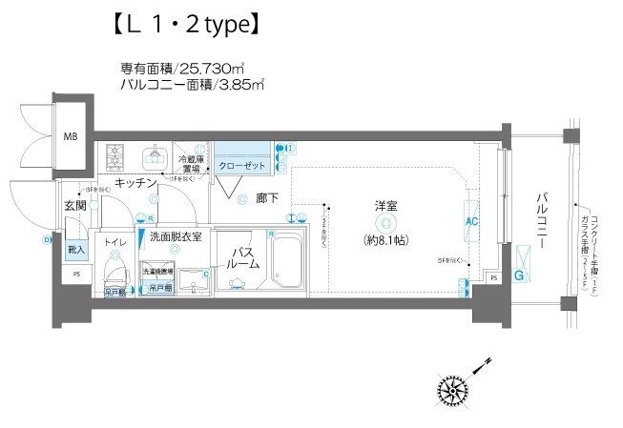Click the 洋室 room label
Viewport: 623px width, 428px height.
[385, 206]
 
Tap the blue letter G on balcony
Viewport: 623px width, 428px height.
[519, 275]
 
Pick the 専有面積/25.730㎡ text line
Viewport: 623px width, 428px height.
[192, 68]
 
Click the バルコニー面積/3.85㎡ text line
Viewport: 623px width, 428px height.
[192, 85]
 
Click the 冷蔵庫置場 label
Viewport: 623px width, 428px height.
[191, 164]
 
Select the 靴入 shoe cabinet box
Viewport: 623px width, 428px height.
[75, 250]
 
